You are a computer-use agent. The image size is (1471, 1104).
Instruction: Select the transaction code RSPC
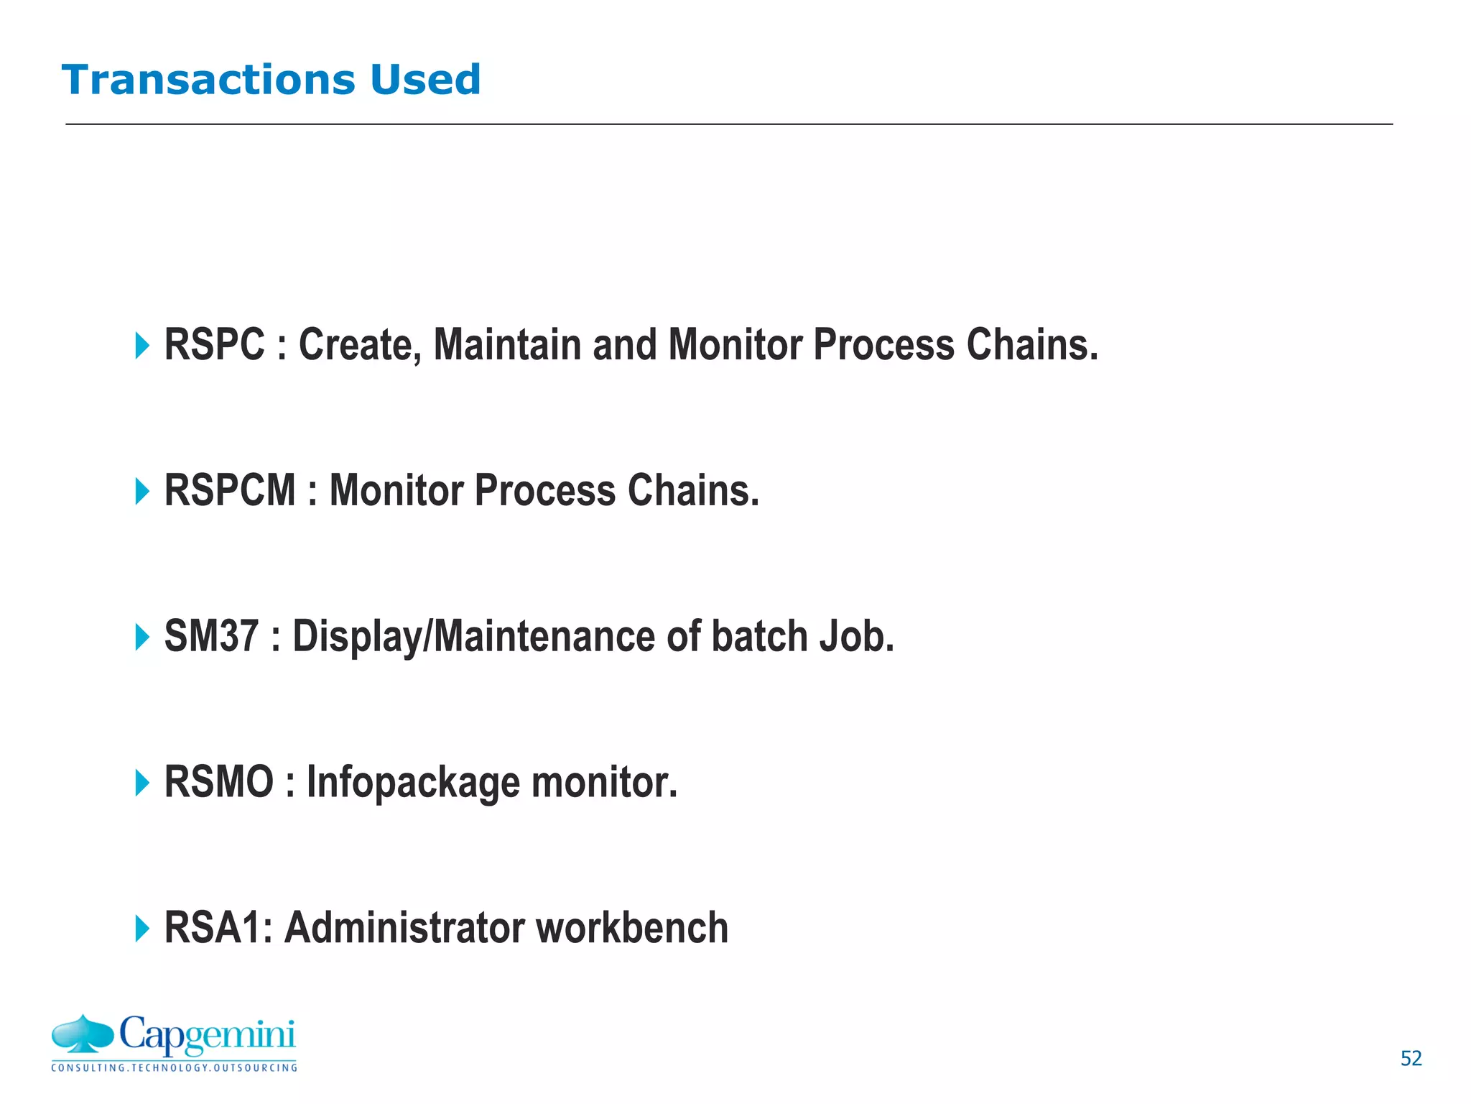click(x=214, y=344)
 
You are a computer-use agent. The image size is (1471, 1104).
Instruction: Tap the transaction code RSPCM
click(x=230, y=490)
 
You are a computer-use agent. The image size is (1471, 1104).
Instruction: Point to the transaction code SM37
click(x=211, y=636)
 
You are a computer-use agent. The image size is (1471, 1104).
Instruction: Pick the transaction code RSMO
click(x=219, y=782)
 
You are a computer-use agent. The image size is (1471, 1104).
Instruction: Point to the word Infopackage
click(x=412, y=782)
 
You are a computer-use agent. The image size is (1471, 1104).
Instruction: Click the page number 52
click(x=1411, y=1058)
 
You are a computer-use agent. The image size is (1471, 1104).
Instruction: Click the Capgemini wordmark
click(x=207, y=1035)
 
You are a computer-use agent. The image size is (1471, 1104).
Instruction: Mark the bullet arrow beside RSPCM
click(x=142, y=492)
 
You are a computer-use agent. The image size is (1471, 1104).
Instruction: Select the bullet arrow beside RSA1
click(x=142, y=929)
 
